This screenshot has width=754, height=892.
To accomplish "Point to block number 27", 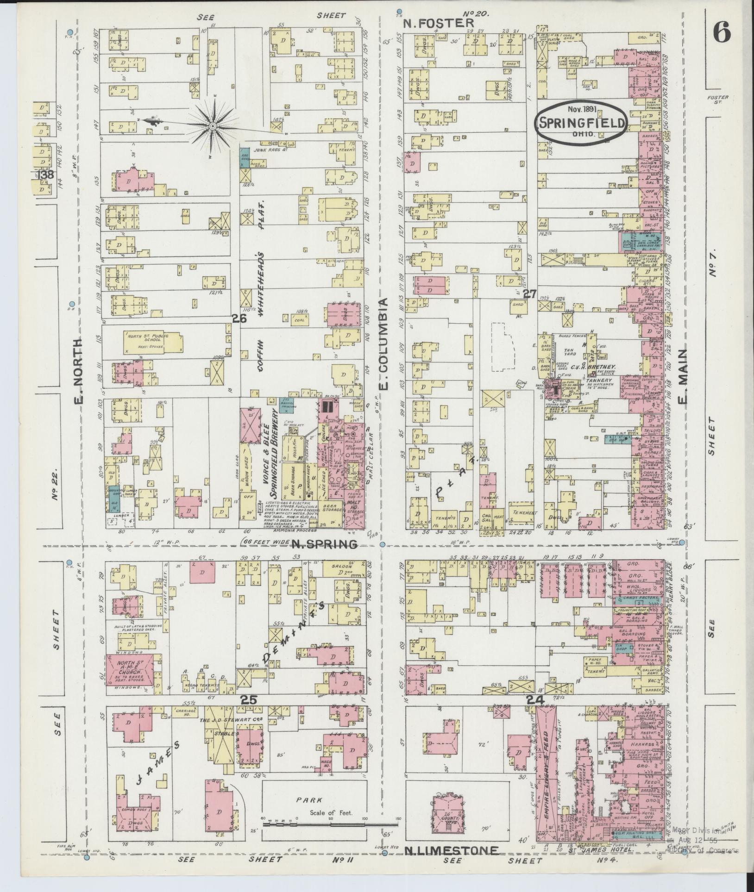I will click(529, 293).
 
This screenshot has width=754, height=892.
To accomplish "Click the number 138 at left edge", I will click(46, 175).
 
